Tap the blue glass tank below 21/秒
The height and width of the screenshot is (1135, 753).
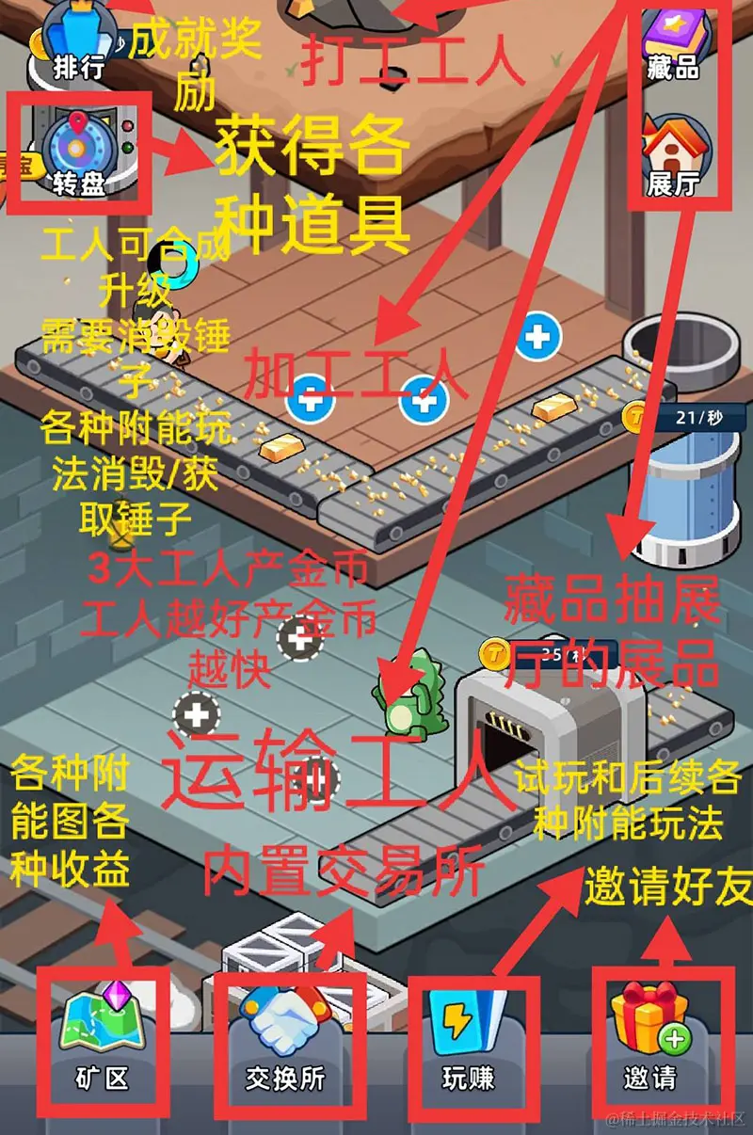687,499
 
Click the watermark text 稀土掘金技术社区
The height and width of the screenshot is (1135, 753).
677,1119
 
